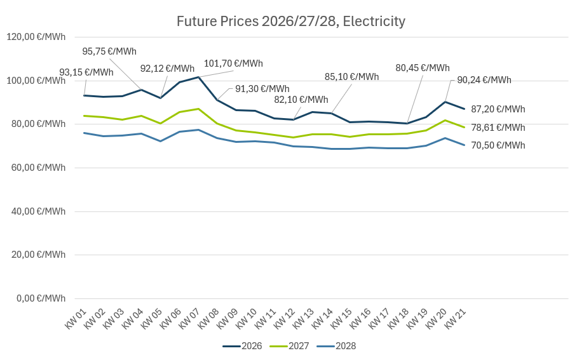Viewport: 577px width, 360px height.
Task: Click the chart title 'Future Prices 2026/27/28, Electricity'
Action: point(290,22)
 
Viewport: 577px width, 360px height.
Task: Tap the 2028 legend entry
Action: point(336,346)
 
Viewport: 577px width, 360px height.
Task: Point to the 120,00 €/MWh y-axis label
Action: point(36,37)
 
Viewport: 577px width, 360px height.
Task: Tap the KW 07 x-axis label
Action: point(189,317)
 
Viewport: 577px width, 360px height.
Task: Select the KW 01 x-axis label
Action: point(76,317)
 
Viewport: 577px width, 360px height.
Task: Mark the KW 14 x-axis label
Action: point(322,317)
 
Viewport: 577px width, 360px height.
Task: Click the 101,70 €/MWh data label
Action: point(233,63)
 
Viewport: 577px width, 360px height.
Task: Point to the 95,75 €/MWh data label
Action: point(109,51)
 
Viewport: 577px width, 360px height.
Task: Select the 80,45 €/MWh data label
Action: point(423,68)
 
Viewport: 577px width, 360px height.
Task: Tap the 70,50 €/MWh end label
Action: point(498,145)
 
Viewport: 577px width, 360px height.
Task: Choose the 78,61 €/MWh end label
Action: point(498,128)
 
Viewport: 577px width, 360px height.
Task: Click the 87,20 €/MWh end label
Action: point(498,109)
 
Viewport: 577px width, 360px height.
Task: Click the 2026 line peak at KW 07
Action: point(198,77)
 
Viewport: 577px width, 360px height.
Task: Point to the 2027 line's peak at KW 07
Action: point(198,109)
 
